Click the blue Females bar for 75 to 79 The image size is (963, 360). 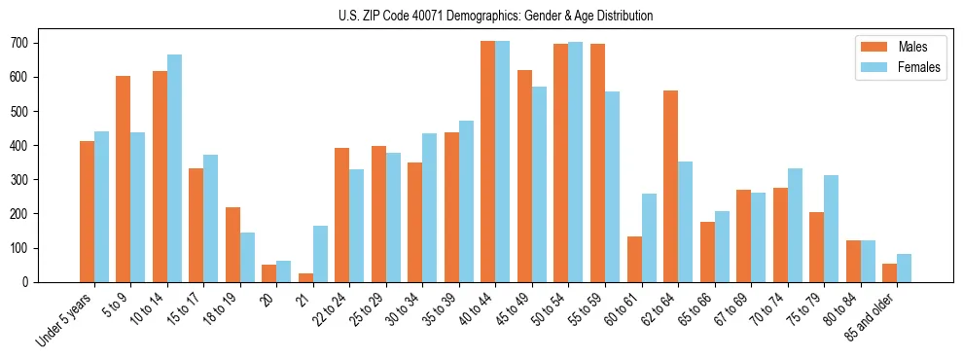(x=831, y=229)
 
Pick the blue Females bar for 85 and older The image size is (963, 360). (x=904, y=268)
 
